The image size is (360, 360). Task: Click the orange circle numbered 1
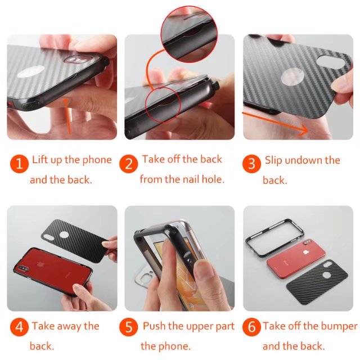[19, 164]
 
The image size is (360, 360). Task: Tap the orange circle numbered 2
[129, 164]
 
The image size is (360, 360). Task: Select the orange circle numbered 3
[251, 164]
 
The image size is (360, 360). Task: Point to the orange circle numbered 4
[19, 327]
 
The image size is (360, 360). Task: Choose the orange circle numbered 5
[129, 327]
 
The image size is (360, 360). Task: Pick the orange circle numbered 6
[251, 327]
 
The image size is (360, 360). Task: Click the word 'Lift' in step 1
[40, 160]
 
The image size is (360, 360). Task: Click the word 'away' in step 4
[69, 326]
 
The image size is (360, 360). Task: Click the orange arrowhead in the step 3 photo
[304, 130]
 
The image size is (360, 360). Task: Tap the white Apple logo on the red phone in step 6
[305, 253]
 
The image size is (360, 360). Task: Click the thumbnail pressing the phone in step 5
[202, 271]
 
